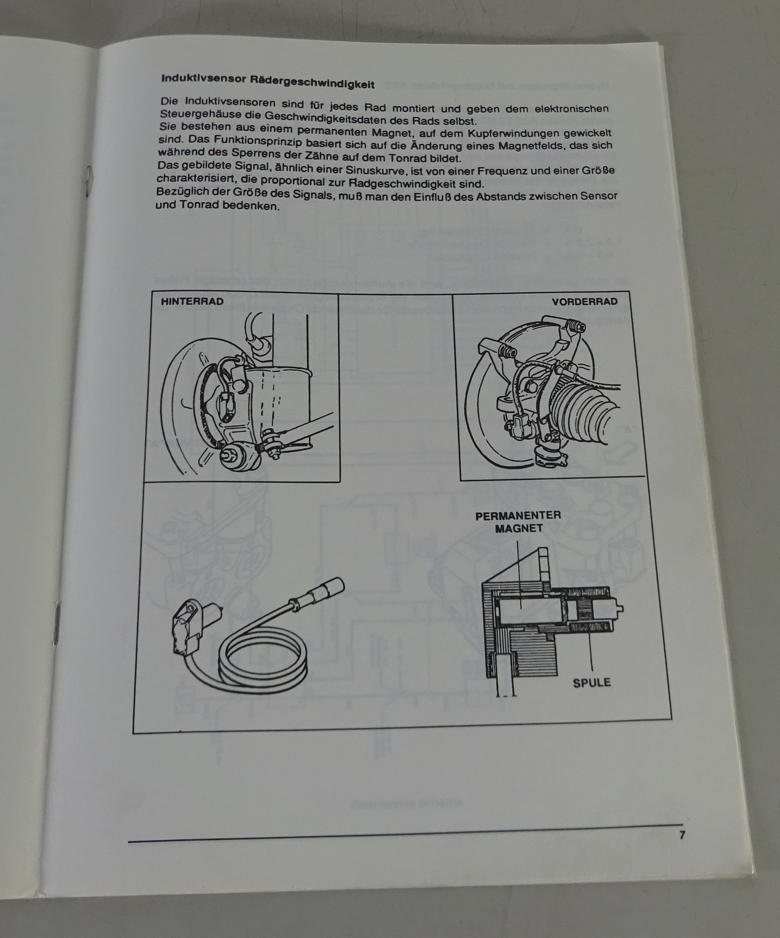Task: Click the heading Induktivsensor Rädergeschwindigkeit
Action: click(x=268, y=81)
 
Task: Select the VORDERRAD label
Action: click(x=584, y=302)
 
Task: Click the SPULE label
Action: click(x=591, y=682)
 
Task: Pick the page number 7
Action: click(x=682, y=835)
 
